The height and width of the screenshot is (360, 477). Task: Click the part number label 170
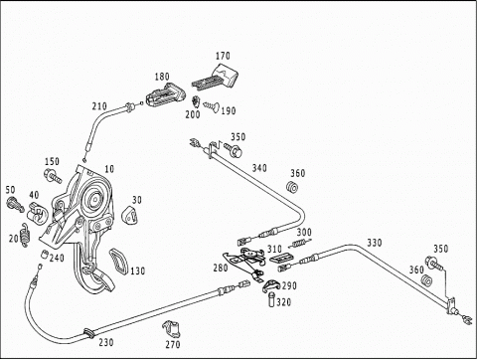point(223,56)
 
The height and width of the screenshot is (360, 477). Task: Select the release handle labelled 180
point(164,95)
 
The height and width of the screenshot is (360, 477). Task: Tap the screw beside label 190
point(212,106)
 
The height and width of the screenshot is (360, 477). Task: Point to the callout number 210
point(99,106)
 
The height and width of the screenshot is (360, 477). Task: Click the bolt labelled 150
point(53,175)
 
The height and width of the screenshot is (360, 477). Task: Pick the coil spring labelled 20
point(25,235)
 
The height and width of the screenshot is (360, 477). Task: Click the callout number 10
point(109,169)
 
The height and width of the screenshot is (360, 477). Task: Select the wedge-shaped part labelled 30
point(130,215)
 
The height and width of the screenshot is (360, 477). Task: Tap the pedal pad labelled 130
point(118,262)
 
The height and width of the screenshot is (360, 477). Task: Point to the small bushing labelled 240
point(44,255)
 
